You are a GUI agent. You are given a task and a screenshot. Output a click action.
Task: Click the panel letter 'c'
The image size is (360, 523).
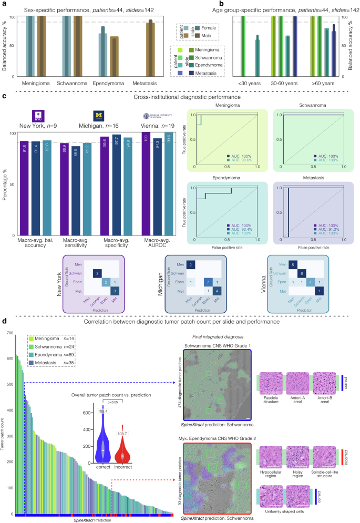(5, 97)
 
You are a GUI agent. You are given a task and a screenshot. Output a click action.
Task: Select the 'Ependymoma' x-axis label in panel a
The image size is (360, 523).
(107, 83)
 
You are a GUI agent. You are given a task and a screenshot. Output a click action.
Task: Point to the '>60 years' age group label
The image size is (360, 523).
(321, 83)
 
